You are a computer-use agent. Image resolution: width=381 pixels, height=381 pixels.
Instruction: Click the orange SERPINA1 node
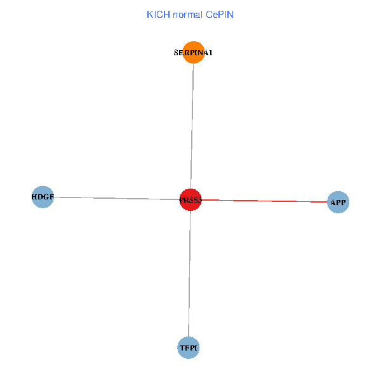pyautogui.click(x=193, y=53)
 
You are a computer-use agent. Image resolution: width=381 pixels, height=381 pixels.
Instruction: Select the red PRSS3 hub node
pyautogui.click(x=190, y=199)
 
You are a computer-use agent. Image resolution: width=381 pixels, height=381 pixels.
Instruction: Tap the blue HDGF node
pyautogui.click(x=43, y=197)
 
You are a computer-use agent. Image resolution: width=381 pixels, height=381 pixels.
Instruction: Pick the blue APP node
pyautogui.click(x=338, y=203)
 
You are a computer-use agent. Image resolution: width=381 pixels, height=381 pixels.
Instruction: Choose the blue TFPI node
pyautogui.click(x=188, y=348)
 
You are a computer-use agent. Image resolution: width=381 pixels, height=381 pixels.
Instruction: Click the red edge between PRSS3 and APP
pyautogui.click(x=267, y=201)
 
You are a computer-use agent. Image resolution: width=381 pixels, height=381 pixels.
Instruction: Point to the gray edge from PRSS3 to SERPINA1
pyautogui.click(x=192, y=127)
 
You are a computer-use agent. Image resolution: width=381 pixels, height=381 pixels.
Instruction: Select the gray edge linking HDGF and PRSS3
pyautogui.click(x=114, y=198)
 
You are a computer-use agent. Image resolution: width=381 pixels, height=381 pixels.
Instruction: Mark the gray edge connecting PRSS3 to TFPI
pyautogui.click(x=189, y=273)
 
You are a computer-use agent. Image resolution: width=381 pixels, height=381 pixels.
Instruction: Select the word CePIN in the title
pyautogui.click(x=219, y=14)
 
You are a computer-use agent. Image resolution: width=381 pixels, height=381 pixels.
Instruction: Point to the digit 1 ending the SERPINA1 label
pyautogui.click(x=210, y=53)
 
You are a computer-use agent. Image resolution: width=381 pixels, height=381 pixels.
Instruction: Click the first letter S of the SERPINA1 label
pyautogui.click(x=176, y=53)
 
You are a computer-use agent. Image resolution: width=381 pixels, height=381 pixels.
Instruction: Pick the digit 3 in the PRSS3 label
pyautogui.click(x=199, y=200)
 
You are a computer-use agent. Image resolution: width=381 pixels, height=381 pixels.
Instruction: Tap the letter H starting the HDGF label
pyautogui.click(x=34, y=197)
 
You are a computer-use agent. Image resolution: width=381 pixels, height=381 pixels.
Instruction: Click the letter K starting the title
pyautogui.click(x=149, y=14)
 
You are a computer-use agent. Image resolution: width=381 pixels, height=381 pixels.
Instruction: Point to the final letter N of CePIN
pyautogui.click(x=231, y=14)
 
